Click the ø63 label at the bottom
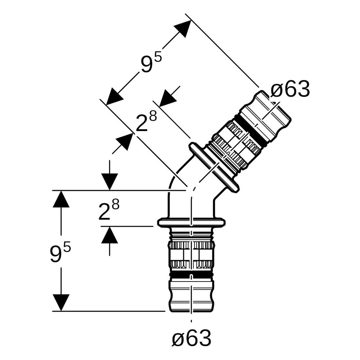pyautogui.click(x=192, y=338)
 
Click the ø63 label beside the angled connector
pyautogui.click(x=290, y=89)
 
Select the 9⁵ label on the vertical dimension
pyautogui.click(x=60, y=253)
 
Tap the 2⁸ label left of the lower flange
pyautogui.click(x=109, y=210)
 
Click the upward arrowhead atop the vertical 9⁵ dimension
pyautogui.click(x=61, y=199)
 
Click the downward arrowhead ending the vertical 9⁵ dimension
pyautogui.click(x=61, y=303)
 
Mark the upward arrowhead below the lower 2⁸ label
pyautogui.click(x=109, y=235)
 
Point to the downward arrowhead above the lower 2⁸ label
pyautogui.click(x=109, y=182)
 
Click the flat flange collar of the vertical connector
pyautogui.click(x=191, y=222)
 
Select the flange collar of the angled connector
pyautogui.click(x=214, y=167)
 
